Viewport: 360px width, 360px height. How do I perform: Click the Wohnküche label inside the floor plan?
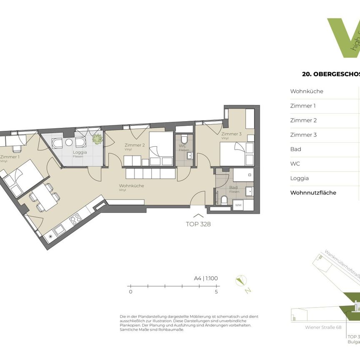131,186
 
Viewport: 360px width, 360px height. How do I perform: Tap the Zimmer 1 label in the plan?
10,157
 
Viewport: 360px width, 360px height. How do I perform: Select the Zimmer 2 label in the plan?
134,145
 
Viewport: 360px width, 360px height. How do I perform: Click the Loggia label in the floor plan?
80,152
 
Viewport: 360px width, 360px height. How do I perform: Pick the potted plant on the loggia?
97,139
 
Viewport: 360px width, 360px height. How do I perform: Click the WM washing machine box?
238,205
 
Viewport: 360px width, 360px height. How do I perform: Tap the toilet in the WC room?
185,139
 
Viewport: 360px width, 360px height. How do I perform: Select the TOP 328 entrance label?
198,224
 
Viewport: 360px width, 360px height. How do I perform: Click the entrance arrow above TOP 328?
198,215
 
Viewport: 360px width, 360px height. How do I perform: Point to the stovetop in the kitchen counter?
75,219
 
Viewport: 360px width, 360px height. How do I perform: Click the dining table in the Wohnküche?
43,197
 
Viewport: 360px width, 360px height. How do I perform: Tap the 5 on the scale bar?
216,292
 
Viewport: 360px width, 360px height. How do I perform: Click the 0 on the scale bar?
130,292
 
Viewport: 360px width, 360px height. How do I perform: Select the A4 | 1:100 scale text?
206,279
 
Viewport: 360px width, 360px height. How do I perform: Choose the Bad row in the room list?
295,149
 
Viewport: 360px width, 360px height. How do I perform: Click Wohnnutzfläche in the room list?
313,192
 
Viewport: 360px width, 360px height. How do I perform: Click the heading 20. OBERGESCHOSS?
331,75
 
